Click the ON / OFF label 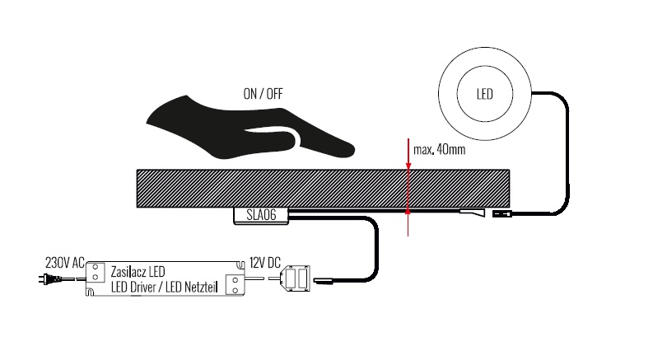coord(263,94)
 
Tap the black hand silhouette coord(250,129)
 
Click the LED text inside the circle coord(485,94)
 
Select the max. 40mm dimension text coord(440,150)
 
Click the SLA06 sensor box coord(261,215)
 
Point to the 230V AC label coord(65,263)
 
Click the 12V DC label coord(265,263)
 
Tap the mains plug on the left coord(50,278)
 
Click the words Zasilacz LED coord(138,272)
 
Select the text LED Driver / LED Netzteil coord(165,287)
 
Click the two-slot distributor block coord(296,278)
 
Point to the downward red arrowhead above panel coord(408,166)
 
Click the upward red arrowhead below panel coord(408,211)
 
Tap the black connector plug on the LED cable coord(501,213)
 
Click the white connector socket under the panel coord(473,213)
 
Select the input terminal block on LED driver coord(96,272)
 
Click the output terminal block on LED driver coord(235,285)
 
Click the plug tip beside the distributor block coord(323,281)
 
